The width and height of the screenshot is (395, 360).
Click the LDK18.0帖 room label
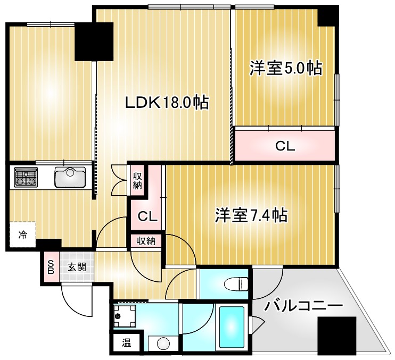click(167, 103)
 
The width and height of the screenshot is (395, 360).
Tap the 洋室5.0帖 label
click(286, 68)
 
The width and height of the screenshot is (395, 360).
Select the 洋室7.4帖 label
click(251, 215)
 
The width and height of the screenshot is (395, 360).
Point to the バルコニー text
click(303, 306)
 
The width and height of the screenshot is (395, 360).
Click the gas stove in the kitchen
click(26, 177)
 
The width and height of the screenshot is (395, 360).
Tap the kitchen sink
click(70, 178)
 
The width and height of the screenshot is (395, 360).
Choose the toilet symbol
click(236, 283)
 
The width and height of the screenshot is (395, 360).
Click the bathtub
click(232, 327)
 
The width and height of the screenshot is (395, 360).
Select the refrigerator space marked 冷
click(23, 235)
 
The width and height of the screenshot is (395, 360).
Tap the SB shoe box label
click(51, 267)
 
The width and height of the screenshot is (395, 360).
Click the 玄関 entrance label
click(77, 267)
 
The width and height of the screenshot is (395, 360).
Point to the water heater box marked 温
click(127, 342)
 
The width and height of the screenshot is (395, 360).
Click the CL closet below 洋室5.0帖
click(285, 146)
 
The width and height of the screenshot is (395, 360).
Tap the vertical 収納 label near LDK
click(137, 180)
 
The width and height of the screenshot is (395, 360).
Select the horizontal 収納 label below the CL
click(146, 241)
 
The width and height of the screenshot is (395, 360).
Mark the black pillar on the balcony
click(337, 334)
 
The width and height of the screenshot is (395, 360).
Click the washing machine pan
click(125, 316)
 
